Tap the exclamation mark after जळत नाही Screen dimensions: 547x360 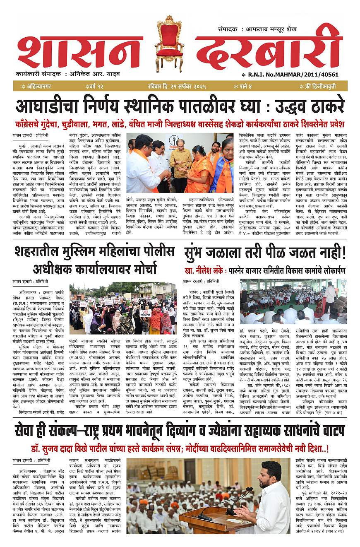point(342,252)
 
